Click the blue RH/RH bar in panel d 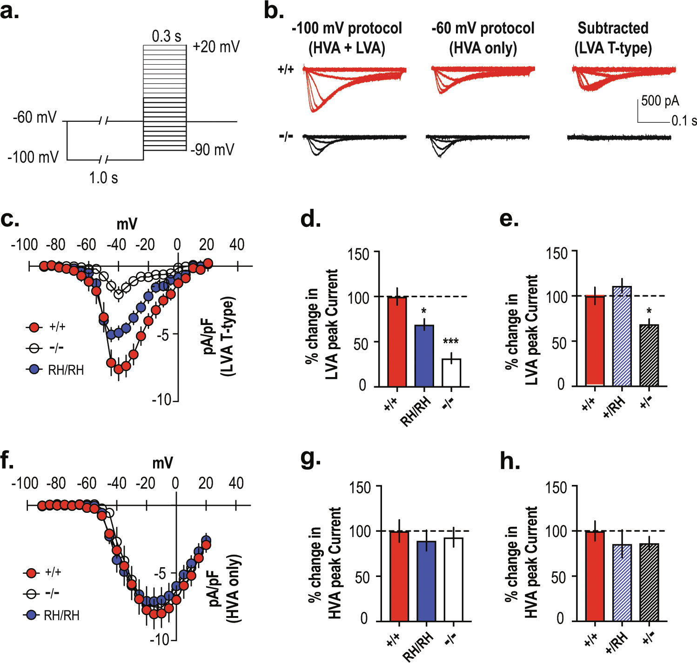point(424,356)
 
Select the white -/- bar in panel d point(451,372)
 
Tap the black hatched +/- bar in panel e point(649,355)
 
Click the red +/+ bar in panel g point(399,576)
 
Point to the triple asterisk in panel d point(450,342)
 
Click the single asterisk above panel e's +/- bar point(649,311)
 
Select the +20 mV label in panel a point(216,47)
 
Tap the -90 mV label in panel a point(212,150)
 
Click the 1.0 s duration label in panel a point(103,178)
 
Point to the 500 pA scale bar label point(660,101)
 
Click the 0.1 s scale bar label point(684,121)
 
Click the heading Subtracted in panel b point(613,28)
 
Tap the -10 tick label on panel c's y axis point(161,399)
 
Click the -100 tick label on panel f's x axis point(25,484)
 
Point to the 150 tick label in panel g point(360,488)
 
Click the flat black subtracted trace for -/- point(619,137)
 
